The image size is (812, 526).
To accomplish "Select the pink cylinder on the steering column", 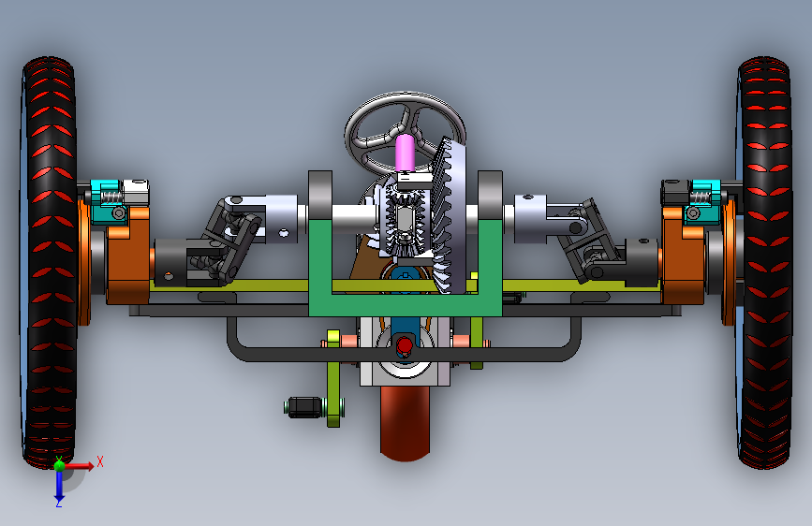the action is click(405, 153).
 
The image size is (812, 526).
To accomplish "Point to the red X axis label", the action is click(100, 461).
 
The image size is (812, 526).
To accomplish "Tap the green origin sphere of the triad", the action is click(59, 465).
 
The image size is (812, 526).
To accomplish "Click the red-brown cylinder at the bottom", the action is click(405, 423).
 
